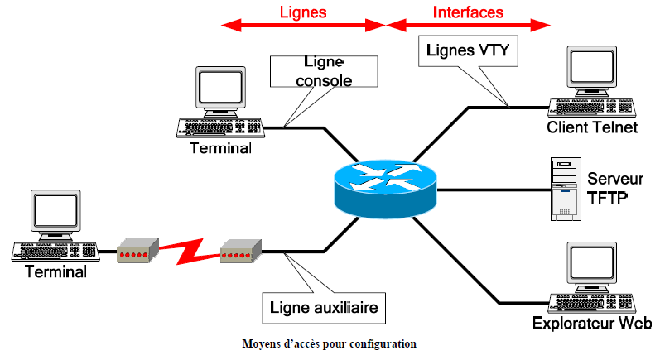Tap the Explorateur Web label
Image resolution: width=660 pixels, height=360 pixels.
591,324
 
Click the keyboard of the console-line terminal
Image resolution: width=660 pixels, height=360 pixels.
219,128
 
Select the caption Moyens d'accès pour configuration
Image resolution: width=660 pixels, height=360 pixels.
329,343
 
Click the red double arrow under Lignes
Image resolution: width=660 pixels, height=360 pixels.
304,26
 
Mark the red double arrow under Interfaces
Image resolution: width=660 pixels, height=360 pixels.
470,26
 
